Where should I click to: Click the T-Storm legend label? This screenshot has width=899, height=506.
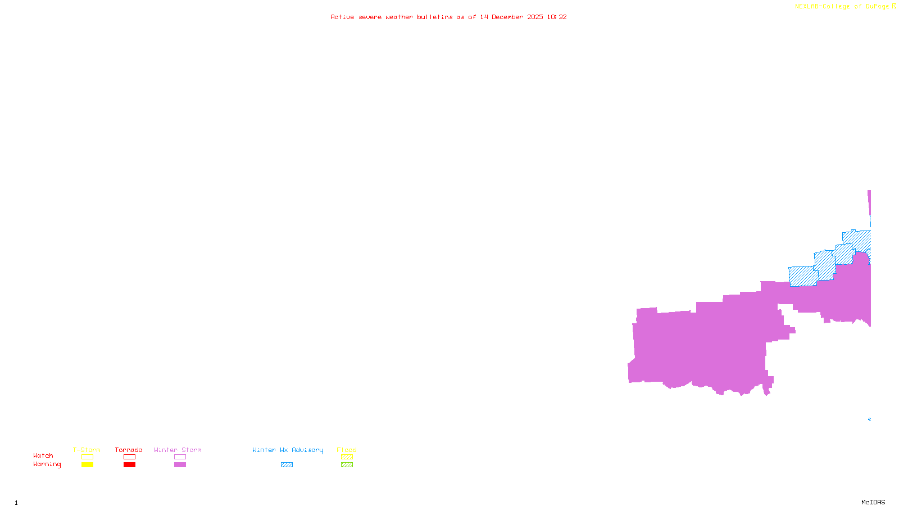pyautogui.click(x=87, y=450)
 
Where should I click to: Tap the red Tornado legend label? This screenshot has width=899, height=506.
pyautogui.click(x=129, y=450)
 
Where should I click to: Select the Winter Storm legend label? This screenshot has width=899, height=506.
pyautogui.click(x=178, y=450)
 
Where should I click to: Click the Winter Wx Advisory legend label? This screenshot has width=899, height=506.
pyautogui.click(x=288, y=450)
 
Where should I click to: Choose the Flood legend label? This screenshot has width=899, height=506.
pyautogui.click(x=347, y=450)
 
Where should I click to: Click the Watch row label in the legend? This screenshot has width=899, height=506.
pyautogui.click(x=43, y=456)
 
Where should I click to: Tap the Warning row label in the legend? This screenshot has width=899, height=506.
pyautogui.click(x=47, y=464)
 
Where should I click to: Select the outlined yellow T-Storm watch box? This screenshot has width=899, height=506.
pyautogui.click(x=87, y=457)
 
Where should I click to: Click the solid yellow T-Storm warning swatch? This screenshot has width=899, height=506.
pyautogui.click(x=87, y=465)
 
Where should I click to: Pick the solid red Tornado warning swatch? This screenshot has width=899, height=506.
pyautogui.click(x=129, y=465)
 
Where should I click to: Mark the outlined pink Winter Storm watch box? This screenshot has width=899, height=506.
pyautogui.click(x=180, y=457)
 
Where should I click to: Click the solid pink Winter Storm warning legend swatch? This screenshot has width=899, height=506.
pyautogui.click(x=180, y=465)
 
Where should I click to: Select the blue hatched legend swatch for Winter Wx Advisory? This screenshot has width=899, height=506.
pyautogui.click(x=287, y=465)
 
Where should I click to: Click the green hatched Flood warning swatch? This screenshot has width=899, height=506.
pyautogui.click(x=347, y=465)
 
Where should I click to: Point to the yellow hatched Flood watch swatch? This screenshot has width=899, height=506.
pyautogui.click(x=347, y=457)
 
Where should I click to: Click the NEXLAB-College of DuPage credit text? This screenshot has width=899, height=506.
pyautogui.click(x=842, y=7)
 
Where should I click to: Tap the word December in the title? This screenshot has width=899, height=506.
pyautogui.click(x=507, y=17)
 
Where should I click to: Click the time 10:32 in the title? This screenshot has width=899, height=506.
pyautogui.click(x=557, y=17)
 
